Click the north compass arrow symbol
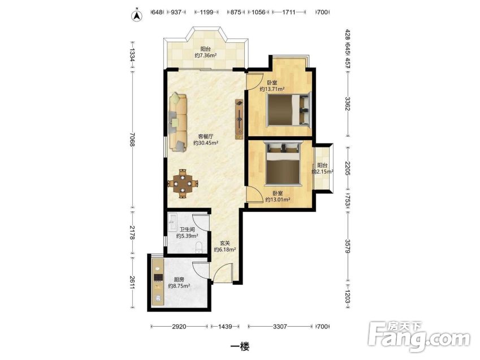coord(137,16)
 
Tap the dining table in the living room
coord(183,183)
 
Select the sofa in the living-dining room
coord(178,123)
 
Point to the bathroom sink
coord(172,222)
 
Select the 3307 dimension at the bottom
coord(280,326)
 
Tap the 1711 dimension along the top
coord(289,12)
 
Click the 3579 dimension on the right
coord(348,246)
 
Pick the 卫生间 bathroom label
coord(187,229)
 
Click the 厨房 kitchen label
coord(179,279)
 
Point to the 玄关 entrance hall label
coord(224,243)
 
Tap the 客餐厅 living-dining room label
coord(205,136)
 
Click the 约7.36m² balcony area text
coord(206,55)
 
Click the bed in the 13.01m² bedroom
coord(283,163)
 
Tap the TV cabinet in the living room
coord(239,119)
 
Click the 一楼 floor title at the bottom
coord(240,346)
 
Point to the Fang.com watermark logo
coord(419,336)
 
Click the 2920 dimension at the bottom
coord(179,326)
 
